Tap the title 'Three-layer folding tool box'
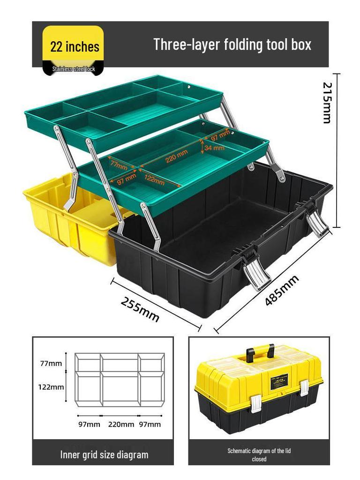click(232, 45)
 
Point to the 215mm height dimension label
click(327, 103)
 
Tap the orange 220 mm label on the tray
click(176, 155)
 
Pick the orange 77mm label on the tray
click(118, 165)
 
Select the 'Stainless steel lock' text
click(74, 69)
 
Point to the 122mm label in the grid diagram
click(51, 387)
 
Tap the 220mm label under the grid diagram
click(121, 425)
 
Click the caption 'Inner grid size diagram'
click(104, 454)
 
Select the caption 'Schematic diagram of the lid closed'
click(259, 455)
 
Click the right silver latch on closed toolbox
click(304, 387)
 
